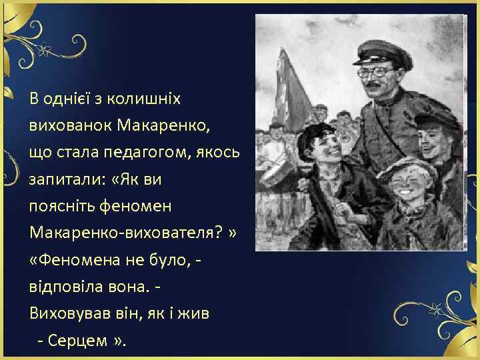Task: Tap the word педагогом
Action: [x=147, y=153]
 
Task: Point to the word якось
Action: [x=217, y=153]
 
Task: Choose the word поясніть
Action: [x=63, y=206]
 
